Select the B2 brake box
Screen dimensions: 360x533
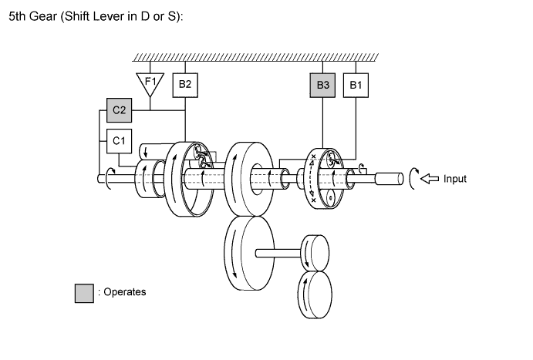pos(185,84)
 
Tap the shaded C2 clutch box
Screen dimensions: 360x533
pos(120,111)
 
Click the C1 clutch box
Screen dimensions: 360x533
pos(119,141)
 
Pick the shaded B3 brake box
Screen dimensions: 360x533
pos(324,84)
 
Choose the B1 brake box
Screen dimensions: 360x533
pos(356,84)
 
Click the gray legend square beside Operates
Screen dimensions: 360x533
pos(84,292)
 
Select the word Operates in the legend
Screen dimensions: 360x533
pos(124,292)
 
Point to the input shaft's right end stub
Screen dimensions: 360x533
pos(390,179)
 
